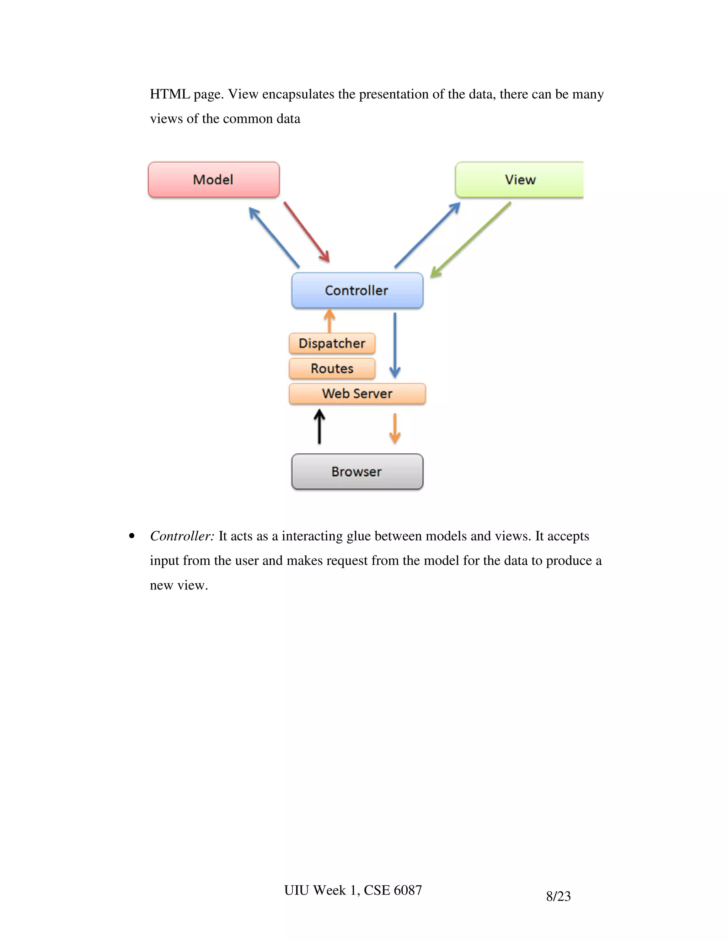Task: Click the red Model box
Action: pos(214,180)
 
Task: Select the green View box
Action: pos(520,180)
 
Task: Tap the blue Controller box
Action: pos(357,290)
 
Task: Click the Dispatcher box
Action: pos(332,343)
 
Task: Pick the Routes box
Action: pos(332,368)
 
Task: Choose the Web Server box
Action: pos(357,393)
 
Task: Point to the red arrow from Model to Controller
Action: pos(306,232)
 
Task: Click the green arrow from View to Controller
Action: pos(471,240)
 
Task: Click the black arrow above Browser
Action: pos(319,426)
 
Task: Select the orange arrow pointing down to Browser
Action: pos(395,428)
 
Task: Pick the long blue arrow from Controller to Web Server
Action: pos(395,345)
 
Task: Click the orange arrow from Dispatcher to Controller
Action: pos(330,321)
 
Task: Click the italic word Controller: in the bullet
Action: pos(182,536)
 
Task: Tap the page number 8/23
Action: pos(558,896)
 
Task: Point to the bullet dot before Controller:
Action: pos(132,536)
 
